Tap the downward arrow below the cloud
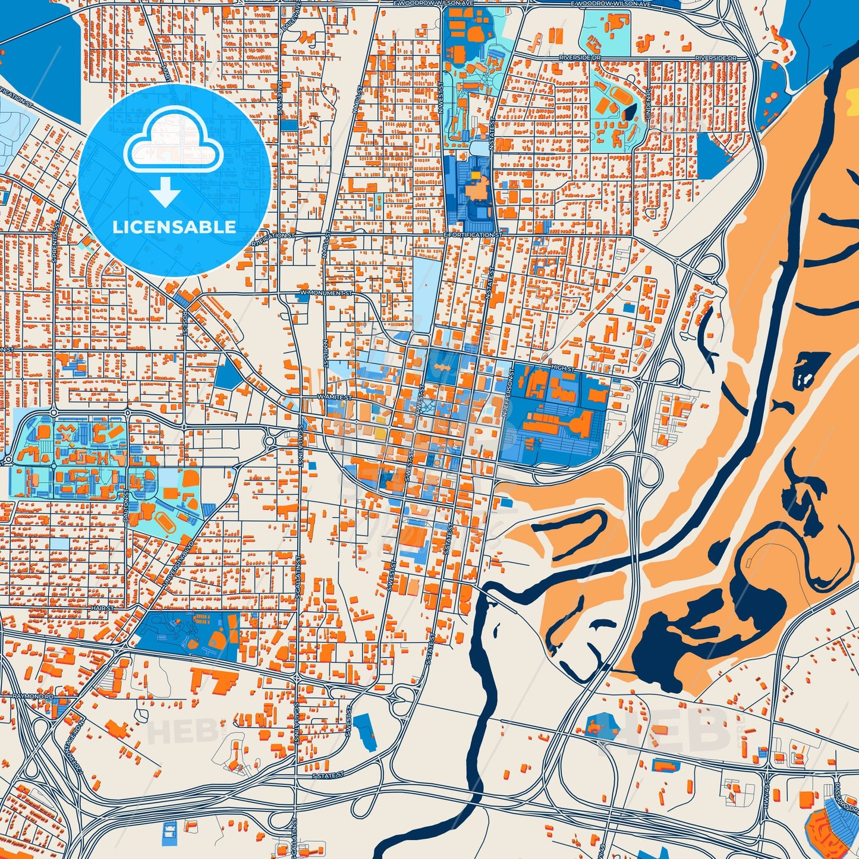tap(165, 191)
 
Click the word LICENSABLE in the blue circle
tap(174, 227)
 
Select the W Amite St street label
tap(335, 397)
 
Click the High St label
tap(562, 369)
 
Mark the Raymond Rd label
tap(33, 696)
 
